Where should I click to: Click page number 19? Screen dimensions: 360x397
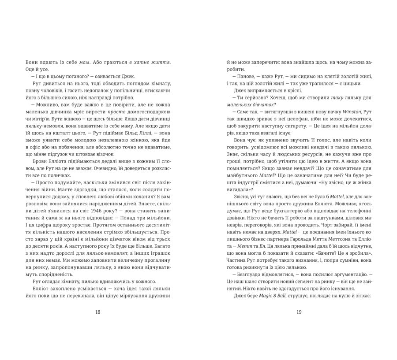click(x=299, y=312)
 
